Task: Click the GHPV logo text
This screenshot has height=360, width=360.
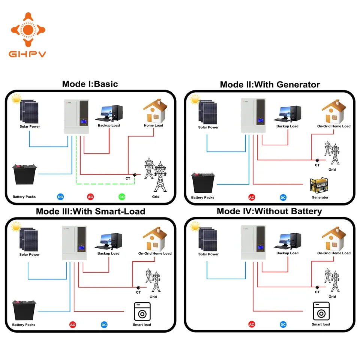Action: point(27,54)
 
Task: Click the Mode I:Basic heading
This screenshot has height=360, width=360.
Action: point(90,84)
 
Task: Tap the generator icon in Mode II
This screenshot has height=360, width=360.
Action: point(319,186)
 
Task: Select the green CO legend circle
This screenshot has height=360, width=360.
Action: point(122,196)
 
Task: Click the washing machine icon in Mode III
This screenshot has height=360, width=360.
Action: point(142,311)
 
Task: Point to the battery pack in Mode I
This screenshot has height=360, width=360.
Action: point(25,174)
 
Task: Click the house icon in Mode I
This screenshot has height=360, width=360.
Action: point(154,110)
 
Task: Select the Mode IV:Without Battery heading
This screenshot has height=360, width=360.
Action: point(269,211)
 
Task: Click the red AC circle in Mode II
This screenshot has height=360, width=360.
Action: point(252,197)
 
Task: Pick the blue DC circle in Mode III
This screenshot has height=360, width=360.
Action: point(104,325)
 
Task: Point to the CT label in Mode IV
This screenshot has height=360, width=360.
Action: point(317,292)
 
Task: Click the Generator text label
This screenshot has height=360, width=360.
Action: point(320,197)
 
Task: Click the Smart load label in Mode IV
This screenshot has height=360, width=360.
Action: point(321,324)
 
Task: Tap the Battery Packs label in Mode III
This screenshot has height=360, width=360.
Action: point(24,325)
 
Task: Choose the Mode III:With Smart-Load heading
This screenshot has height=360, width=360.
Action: point(90,211)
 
